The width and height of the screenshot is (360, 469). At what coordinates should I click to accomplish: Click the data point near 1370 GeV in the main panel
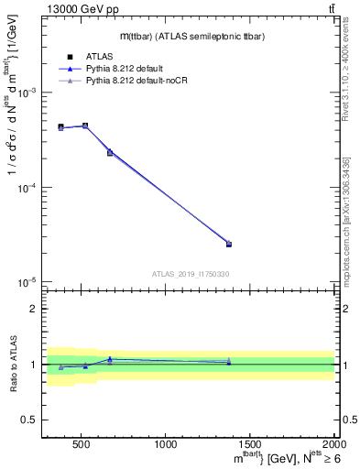click(229, 244)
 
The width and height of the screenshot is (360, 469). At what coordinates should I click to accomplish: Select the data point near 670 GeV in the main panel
click(110, 152)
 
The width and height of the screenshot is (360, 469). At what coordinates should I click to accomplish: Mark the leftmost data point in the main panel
click(60, 127)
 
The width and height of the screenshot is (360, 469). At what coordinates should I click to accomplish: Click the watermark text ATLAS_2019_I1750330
click(191, 274)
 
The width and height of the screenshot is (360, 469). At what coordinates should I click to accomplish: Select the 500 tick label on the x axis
click(81, 446)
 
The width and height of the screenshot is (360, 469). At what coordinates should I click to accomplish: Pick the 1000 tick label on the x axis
click(166, 446)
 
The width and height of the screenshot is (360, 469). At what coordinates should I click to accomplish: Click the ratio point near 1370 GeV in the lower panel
click(229, 362)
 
